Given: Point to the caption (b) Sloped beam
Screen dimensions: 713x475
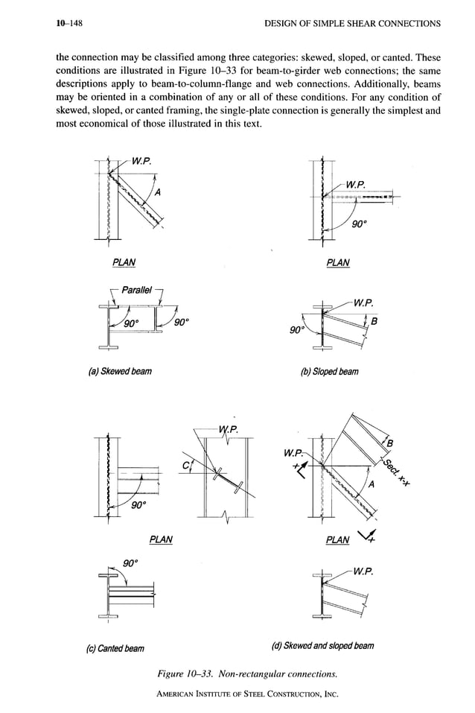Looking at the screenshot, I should [x=337, y=370].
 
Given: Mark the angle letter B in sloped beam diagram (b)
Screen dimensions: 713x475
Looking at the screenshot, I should [x=374, y=322].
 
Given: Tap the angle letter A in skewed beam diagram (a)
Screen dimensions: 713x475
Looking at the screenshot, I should [x=158, y=192].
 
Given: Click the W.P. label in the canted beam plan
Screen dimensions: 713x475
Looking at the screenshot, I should [x=228, y=428].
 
